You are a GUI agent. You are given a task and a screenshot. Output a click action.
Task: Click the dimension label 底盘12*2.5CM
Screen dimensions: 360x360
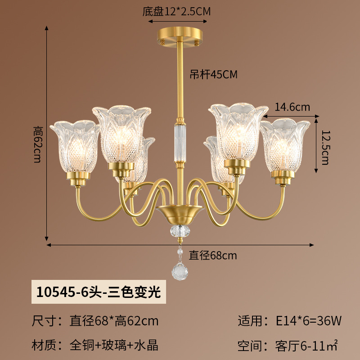coord(176,11)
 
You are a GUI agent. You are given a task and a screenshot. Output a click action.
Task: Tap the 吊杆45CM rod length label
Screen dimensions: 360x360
coord(213,74)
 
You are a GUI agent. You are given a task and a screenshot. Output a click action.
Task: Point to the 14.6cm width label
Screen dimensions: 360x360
coord(292,107)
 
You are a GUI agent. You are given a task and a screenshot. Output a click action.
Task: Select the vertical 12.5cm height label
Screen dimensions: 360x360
coord(325,148)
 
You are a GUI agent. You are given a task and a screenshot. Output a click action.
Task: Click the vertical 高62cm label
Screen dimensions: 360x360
coord(38,144)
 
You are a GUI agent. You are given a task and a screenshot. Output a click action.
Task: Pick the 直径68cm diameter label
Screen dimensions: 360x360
coord(212,255)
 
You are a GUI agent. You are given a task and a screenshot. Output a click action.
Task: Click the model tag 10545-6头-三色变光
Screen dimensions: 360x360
coord(99,292)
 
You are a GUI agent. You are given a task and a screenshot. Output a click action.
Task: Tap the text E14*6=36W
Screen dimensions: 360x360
coord(308,320)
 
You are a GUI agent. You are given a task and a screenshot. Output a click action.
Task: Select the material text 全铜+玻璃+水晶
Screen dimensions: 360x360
coord(114,345)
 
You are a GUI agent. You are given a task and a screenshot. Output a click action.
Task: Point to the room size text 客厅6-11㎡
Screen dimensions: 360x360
coord(306,346)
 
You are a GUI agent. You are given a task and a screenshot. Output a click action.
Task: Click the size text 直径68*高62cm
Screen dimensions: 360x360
coord(114,320)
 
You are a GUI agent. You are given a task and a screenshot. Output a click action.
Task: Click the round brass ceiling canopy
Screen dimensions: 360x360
coord(180,37)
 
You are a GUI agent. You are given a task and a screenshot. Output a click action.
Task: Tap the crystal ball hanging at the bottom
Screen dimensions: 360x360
coord(180,272)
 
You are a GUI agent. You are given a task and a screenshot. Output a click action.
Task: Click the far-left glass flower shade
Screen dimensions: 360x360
coord(75,146)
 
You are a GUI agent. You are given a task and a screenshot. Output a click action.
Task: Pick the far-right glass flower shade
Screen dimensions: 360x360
coord(285,145)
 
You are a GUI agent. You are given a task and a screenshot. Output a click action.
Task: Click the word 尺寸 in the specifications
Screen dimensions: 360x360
coord(44,320)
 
